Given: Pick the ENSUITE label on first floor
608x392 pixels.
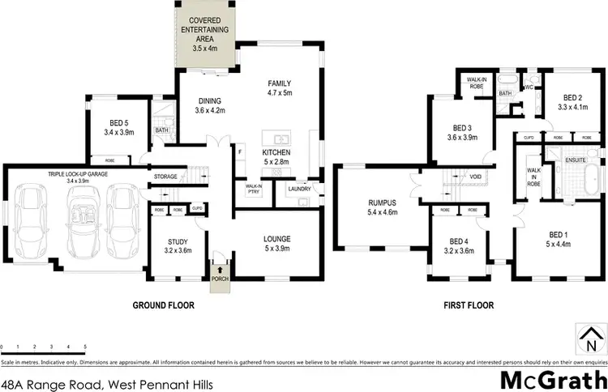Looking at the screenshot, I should (576, 161).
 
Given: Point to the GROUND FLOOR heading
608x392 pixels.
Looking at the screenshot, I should (165, 306).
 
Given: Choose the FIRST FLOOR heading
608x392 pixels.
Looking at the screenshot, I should (468, 306).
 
